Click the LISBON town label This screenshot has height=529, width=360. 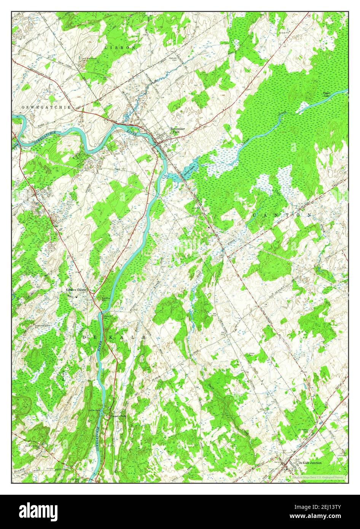(x=120, y=48)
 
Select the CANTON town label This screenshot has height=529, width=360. (x=282, y=215)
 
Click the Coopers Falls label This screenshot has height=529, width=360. (x=118, y=416)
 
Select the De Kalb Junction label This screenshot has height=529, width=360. (x=310, y=463)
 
